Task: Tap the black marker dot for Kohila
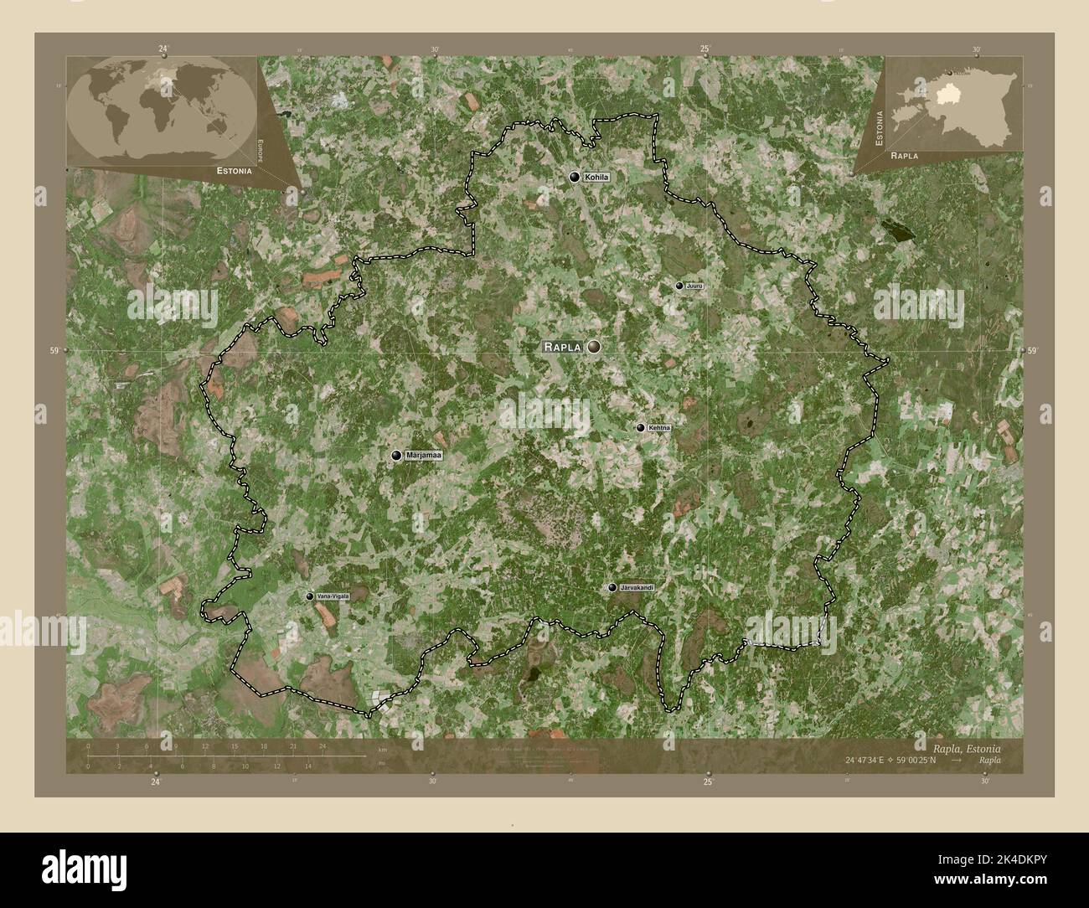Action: (x=575, y=177)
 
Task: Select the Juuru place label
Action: (x=694, y=286)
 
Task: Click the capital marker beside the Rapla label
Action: (x=595, y=346)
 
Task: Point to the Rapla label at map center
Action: (x=562, y=346)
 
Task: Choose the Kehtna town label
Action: (x=659, y=428)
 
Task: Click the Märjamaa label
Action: (x=423, y=455)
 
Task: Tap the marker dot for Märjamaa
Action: (x=397, y=455)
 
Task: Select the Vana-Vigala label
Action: (x=333, y=596)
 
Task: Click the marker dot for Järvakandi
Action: (x=613, y=588)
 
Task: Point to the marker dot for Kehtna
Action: (x=641, y=428)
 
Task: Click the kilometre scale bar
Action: (x=226, y=756)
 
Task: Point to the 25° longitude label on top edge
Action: (x=706, y=49)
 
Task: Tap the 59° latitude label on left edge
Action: (x=55, y=351)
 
